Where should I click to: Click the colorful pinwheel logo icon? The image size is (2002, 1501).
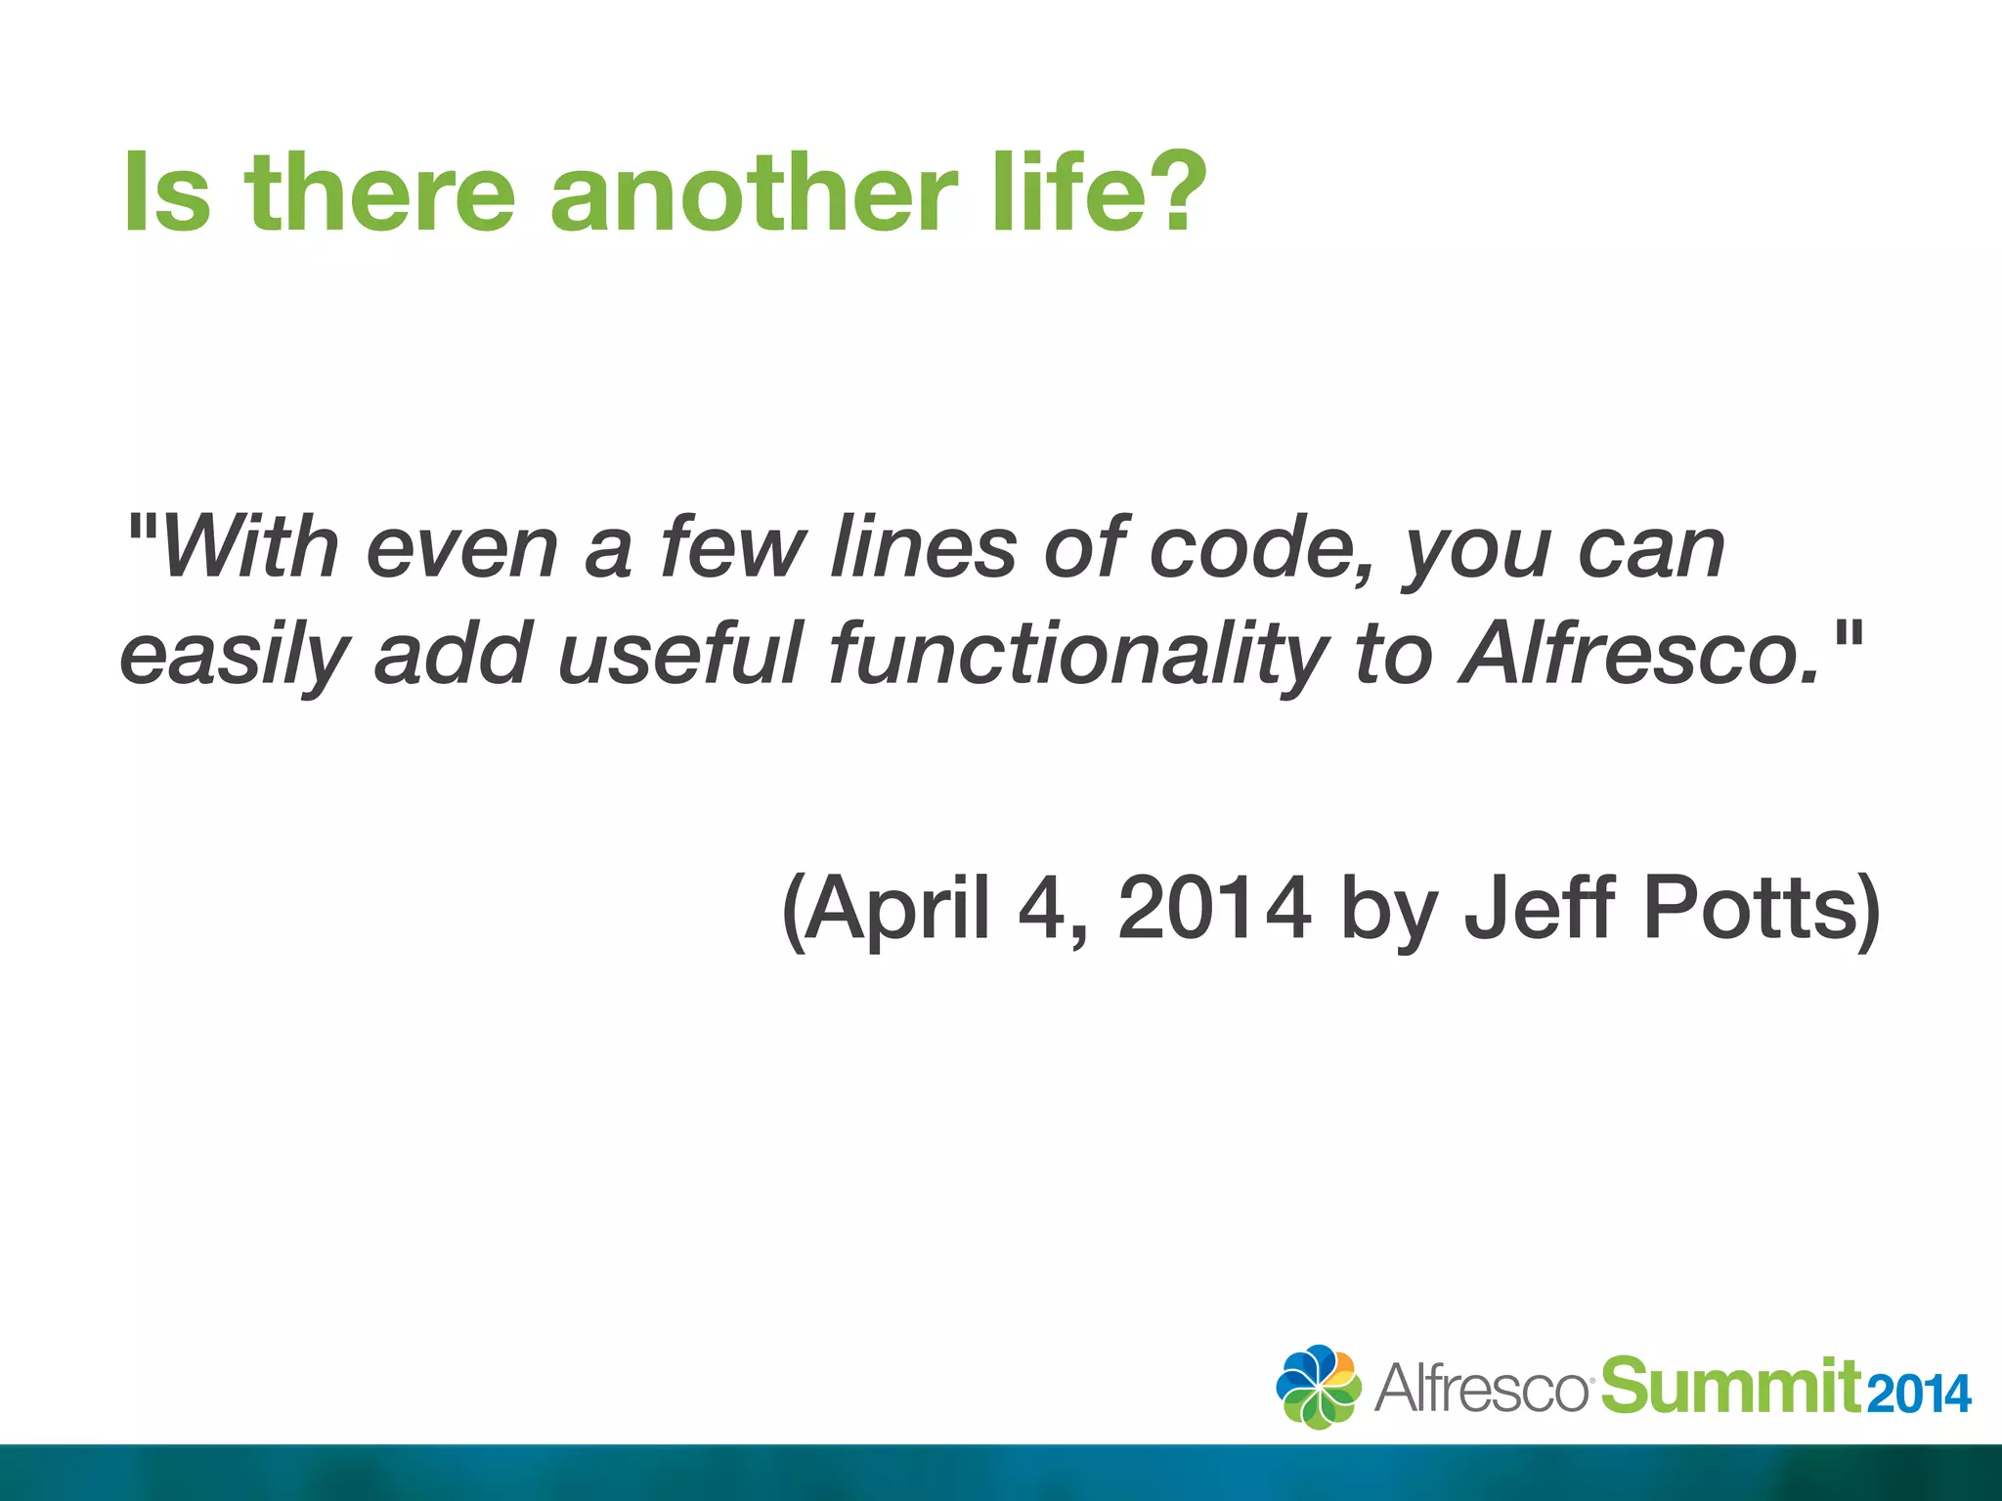(1318, 1387)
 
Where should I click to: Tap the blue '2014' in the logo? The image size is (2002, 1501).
(1918, 1394)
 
